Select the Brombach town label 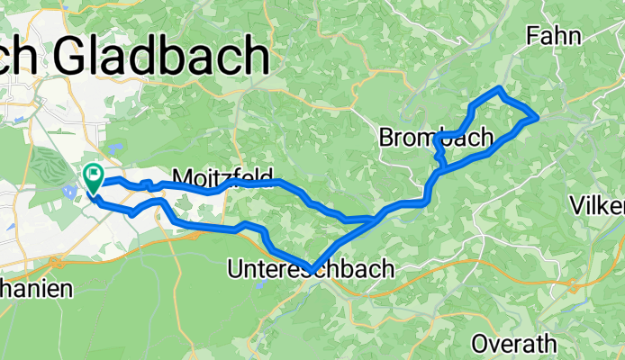tap(437, 138)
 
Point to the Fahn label tap(555, 35)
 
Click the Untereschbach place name tap(312, 267)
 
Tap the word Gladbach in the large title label tap(163, 59)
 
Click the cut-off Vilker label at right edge tap(597, 206)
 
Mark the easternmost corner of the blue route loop tap(538, 116)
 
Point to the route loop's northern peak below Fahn tap(500, 88)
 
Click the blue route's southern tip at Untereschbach tap(312, 268)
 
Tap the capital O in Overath tap(480, 343)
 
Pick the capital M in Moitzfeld tap(180, 176)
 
